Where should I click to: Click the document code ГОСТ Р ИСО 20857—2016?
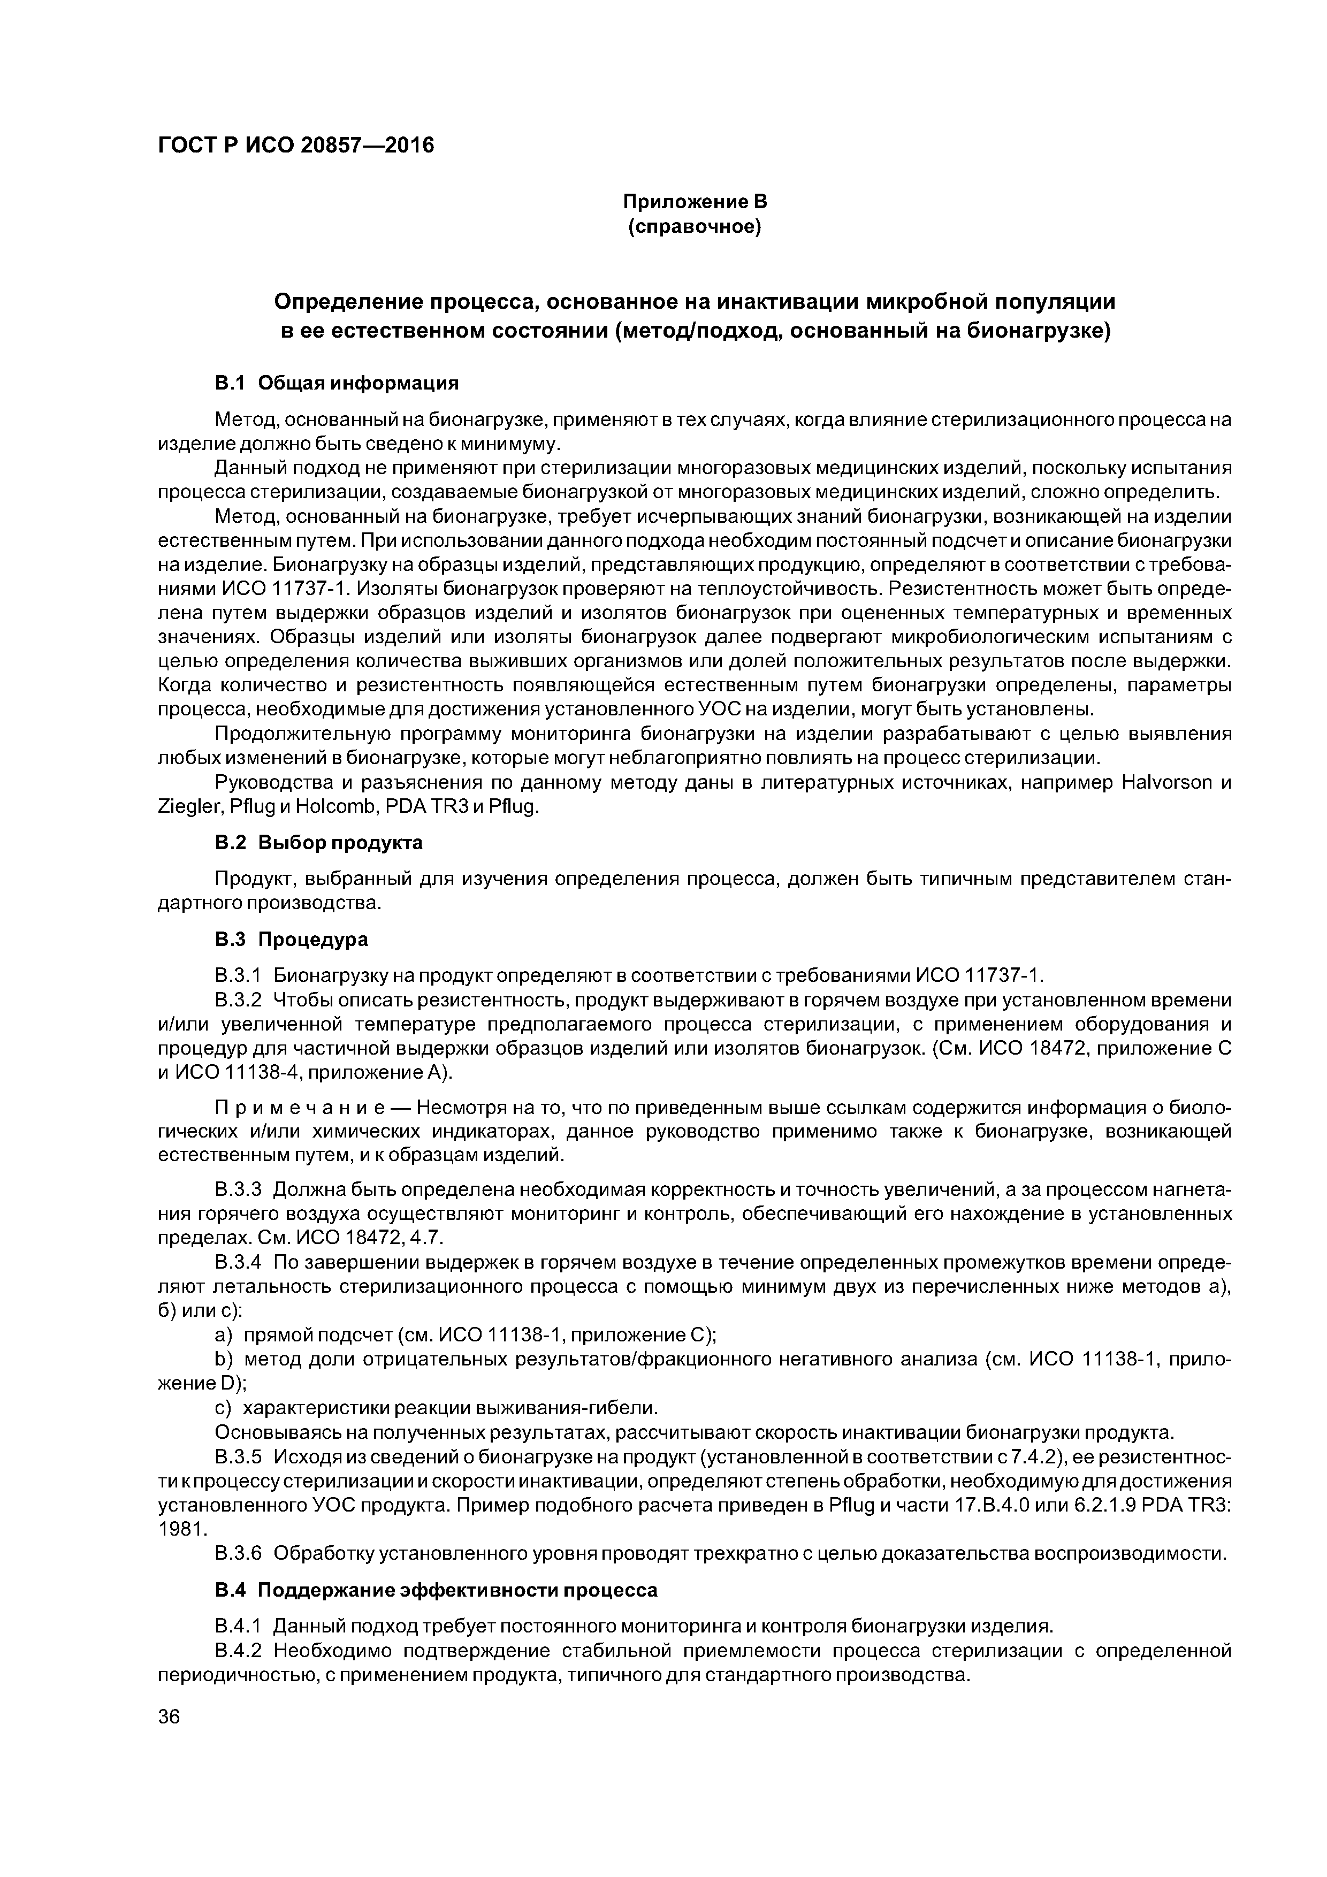coord(295,146)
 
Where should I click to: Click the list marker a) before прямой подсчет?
coord(223,1335)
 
